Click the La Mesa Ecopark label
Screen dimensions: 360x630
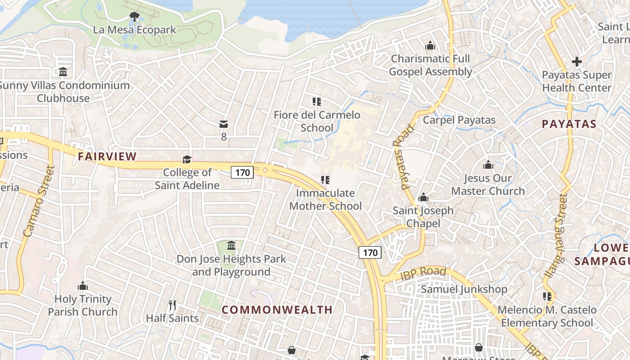(x=134, y=30)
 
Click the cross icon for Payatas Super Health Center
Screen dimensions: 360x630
(x=577, y=62)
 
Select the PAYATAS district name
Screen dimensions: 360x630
(x=569, y=124)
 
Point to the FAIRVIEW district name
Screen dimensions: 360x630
(x=107, y=157)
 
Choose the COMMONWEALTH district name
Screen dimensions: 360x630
(x=277, y=310)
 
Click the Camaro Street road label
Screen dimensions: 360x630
(x=39, y=202)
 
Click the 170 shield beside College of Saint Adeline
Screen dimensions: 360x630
(x=243, y=172)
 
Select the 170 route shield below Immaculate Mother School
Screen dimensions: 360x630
(x=370, y=252)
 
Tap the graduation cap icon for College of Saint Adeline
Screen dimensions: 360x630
(x=187, y=159)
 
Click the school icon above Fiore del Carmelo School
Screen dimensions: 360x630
(x=317, y=102)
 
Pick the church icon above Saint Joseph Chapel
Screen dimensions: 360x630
(x=423, y=198)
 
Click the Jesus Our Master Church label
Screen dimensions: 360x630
(x=488, y=184)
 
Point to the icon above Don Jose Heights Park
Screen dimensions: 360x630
(x=231, y=246)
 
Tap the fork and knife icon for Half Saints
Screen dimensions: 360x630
(x=172, y=305)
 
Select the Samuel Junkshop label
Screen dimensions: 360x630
(x=464, y=289)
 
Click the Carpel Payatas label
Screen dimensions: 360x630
(x=459, y=120)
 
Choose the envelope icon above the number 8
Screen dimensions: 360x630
(x=224, y=124)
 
